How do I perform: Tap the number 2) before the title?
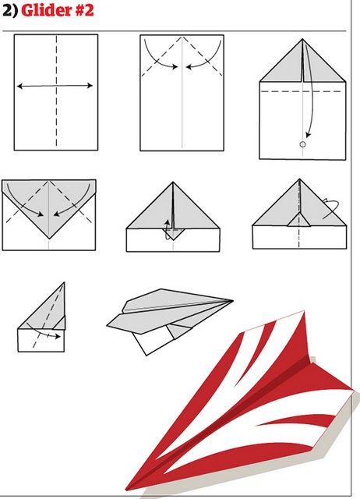coord(9,11)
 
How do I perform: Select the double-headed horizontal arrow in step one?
coord(56,86)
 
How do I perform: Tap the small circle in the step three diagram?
coord(303,144)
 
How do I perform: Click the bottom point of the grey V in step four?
coord(49,237)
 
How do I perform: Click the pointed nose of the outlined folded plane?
coord(231,301)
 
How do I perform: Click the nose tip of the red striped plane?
coord(129,490)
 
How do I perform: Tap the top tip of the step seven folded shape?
coord(64,284)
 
